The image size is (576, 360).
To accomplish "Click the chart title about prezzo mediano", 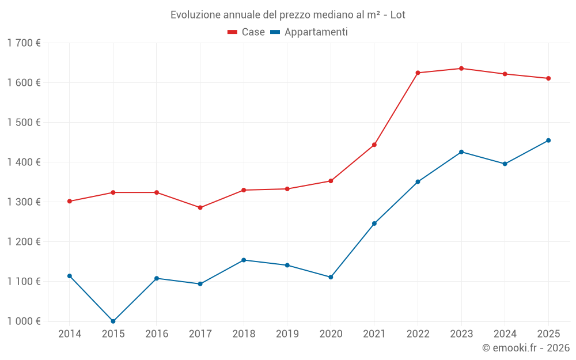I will coord(287,14).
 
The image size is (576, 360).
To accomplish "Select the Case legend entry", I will coord(247,32).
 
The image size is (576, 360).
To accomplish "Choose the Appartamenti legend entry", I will coord(309,32).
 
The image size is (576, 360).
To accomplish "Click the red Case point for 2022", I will coord(418,73).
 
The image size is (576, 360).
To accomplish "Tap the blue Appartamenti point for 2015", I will coord(113,321).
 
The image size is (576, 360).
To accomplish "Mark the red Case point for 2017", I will coord(200,207).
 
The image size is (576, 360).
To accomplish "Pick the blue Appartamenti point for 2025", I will coord(548,141).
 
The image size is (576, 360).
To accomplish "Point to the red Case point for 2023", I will coord(461,69).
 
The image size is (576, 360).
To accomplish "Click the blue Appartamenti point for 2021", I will coord(374,223).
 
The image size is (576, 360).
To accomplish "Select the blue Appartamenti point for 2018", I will coord(244,260).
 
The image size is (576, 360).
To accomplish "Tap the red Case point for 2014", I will coord(70,202).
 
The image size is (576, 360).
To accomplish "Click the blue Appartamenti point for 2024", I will coord(505,164).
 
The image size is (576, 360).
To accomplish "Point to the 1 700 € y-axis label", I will coord(24,43).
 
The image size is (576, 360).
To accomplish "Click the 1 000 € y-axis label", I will coord(24,321).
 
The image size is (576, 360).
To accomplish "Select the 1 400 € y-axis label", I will coord(24,162).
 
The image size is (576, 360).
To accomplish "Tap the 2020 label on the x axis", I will coord(331,334).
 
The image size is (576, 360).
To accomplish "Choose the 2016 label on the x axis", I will coord(157,334).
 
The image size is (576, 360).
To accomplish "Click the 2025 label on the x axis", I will coord(548,334).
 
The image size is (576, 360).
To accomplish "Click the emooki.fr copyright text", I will coord(525,348).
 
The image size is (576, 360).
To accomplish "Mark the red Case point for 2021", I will coord(374,145).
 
